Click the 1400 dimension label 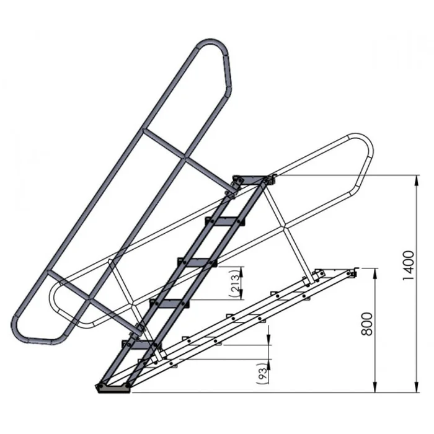(x=408, y=265)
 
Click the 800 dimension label (x=367, y=324)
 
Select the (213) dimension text (x=235, y=283)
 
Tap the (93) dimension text (x=262, y=373)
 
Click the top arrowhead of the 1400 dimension (x=416, y=181)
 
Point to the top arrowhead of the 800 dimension (x=374, y=274)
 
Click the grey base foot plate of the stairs (x=113, y=388)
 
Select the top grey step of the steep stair (x=250, y=180)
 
